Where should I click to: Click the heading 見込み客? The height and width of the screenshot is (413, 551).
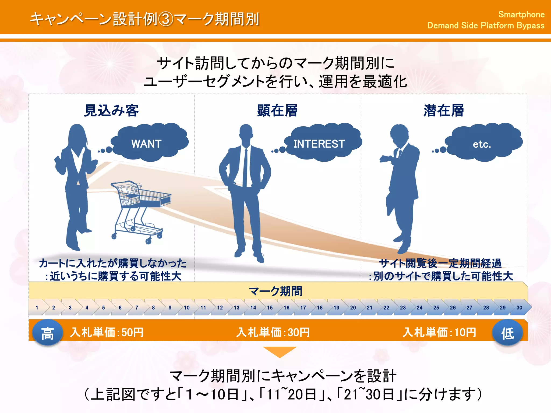tap(111, 111)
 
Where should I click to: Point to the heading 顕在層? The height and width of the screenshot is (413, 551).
tap(277, 111)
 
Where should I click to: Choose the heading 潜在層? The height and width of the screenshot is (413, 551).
tap(444, 111)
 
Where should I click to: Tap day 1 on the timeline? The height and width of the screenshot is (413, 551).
tap(37, 307)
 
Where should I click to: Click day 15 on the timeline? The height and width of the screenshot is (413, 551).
tap(270, 307)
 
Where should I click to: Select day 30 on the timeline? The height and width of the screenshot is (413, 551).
tap(519, 307)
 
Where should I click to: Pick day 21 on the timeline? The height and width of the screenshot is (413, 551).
tap(369, 307)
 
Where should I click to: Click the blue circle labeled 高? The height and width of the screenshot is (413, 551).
tap(48, 333)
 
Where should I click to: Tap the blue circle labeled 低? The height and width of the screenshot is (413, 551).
tap(507, 333)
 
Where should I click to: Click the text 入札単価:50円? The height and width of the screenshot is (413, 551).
tap(107, 332)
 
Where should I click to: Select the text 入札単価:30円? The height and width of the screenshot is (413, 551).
tap(273, 332)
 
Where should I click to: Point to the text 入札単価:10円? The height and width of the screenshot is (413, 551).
tap(439, 332)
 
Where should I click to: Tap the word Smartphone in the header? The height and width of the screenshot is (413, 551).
tap(521, 14)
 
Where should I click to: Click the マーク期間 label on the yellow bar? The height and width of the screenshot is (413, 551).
tap(275, 291)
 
